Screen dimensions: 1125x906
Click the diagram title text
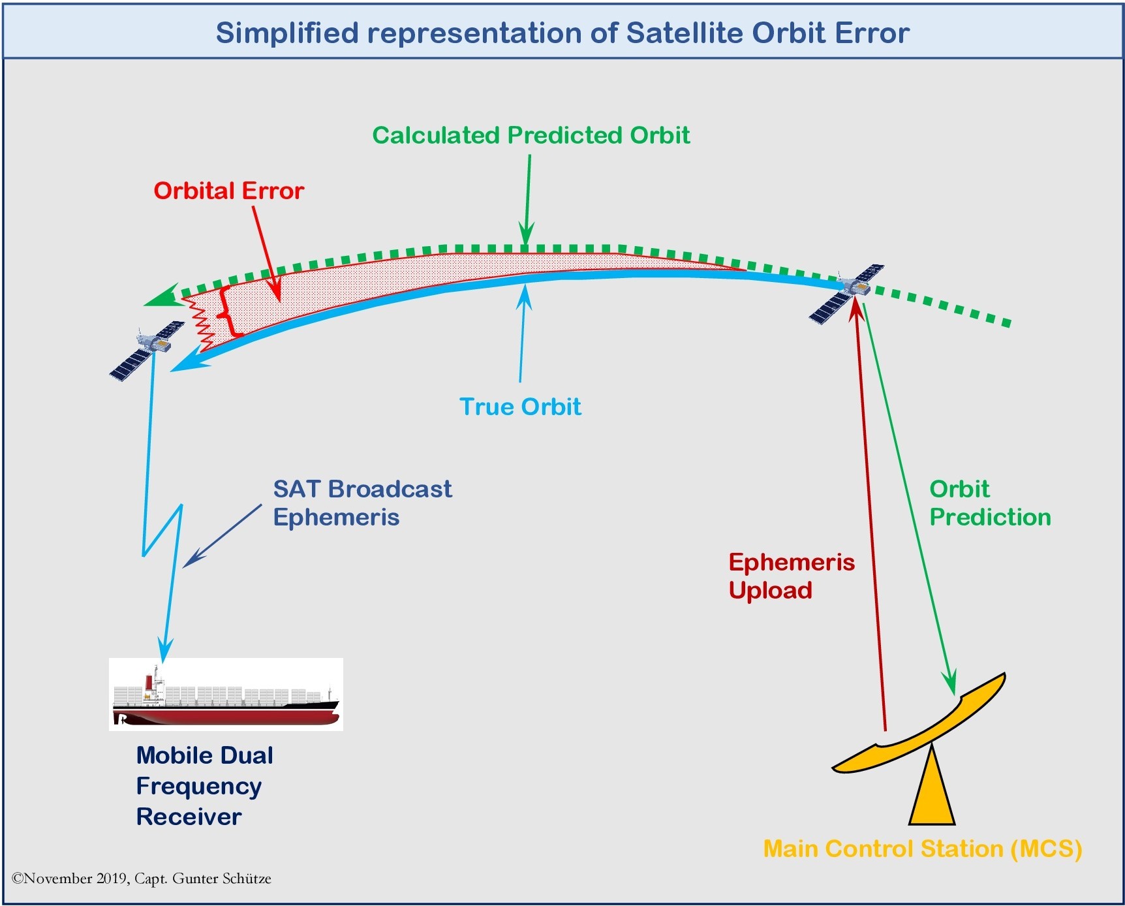click(562, 33)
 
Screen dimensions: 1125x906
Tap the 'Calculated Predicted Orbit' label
click(531, 135)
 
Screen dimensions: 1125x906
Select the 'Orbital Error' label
click(228, 191)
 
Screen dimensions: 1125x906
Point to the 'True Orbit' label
click(520, 407)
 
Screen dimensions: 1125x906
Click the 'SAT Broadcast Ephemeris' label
click(362, 503)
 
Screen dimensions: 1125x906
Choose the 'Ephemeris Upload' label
click(792, 576)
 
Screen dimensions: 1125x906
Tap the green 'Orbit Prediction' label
click(990, 503)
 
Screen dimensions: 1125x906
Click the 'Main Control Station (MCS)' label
click(923, 849)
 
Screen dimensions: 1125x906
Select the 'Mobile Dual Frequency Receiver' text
click(204, 786)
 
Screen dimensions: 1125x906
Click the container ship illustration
click(226, 695)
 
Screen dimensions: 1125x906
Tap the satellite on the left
click(147, 350)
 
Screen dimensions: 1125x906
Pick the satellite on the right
click(847, 293)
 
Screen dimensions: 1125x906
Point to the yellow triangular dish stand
click(932, 787)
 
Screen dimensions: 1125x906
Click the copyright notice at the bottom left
click(142, 879)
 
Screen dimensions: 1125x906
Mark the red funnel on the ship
click(149, 682)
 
